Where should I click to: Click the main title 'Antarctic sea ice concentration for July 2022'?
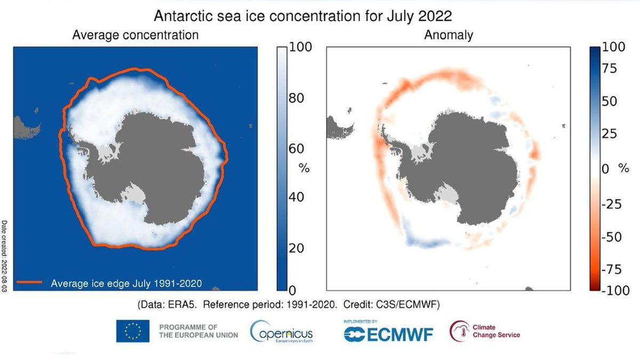[x=302, y=16]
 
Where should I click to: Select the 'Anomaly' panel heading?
[x=449, y=35]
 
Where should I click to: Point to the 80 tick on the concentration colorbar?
[x=297, y=98]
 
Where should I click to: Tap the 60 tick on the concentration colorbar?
[x=297, y=148]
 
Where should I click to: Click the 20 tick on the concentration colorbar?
[x=297, y=248]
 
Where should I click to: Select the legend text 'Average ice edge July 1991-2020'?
[x=126, y=283]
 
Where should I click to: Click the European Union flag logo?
[x=133, y=331]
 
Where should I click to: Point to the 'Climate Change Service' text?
[x=496, y=331]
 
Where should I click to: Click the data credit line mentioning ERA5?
[x=292, y=305]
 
